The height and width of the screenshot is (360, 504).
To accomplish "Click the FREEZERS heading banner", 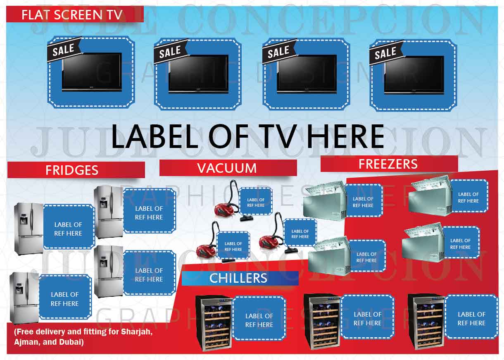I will [x=388, y=164].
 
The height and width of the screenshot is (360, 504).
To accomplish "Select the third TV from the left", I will [x=307, y=74].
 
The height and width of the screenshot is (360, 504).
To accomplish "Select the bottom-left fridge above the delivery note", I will [x=24, y=298].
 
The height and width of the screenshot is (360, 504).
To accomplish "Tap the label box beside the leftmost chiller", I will [x=259, y=320].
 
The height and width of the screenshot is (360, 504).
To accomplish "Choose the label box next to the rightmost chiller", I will [x=471, y=318].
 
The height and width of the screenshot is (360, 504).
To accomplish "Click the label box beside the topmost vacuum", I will [x=256, y=202].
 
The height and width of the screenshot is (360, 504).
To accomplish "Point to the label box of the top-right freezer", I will [x=468, y=197].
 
